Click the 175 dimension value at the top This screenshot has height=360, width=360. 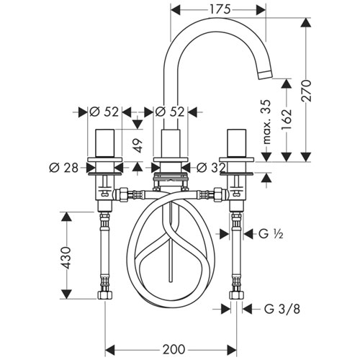[x=220, y=10]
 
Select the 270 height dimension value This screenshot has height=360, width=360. [x=307, y=91]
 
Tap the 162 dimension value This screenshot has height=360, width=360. [x=287, y=119]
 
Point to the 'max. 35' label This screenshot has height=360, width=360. [x=266, y=122]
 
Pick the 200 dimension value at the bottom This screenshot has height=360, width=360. [x=174, y=349]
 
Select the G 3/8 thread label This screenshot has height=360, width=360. [x=282, y=309]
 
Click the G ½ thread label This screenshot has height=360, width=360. [x=271, y=233]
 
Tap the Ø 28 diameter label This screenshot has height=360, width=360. [x=63, y=168]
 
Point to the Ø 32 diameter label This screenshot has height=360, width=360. [x=211, y=168]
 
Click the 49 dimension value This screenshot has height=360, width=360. [x=138, y=145]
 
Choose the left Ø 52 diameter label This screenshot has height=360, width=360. [x=104, y=112]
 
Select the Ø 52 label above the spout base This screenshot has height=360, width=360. [x=170, y=112]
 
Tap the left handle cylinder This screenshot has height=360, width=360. [x=105, y=143]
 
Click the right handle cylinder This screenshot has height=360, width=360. [x=236, y=143]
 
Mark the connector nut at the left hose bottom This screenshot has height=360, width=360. [x=105, y=295]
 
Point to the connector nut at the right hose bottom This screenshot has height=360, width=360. [x=237, y=295]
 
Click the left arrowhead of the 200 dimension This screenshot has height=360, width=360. [x=110, y=349]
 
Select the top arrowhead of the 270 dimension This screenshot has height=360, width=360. [x=306, y=22]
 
